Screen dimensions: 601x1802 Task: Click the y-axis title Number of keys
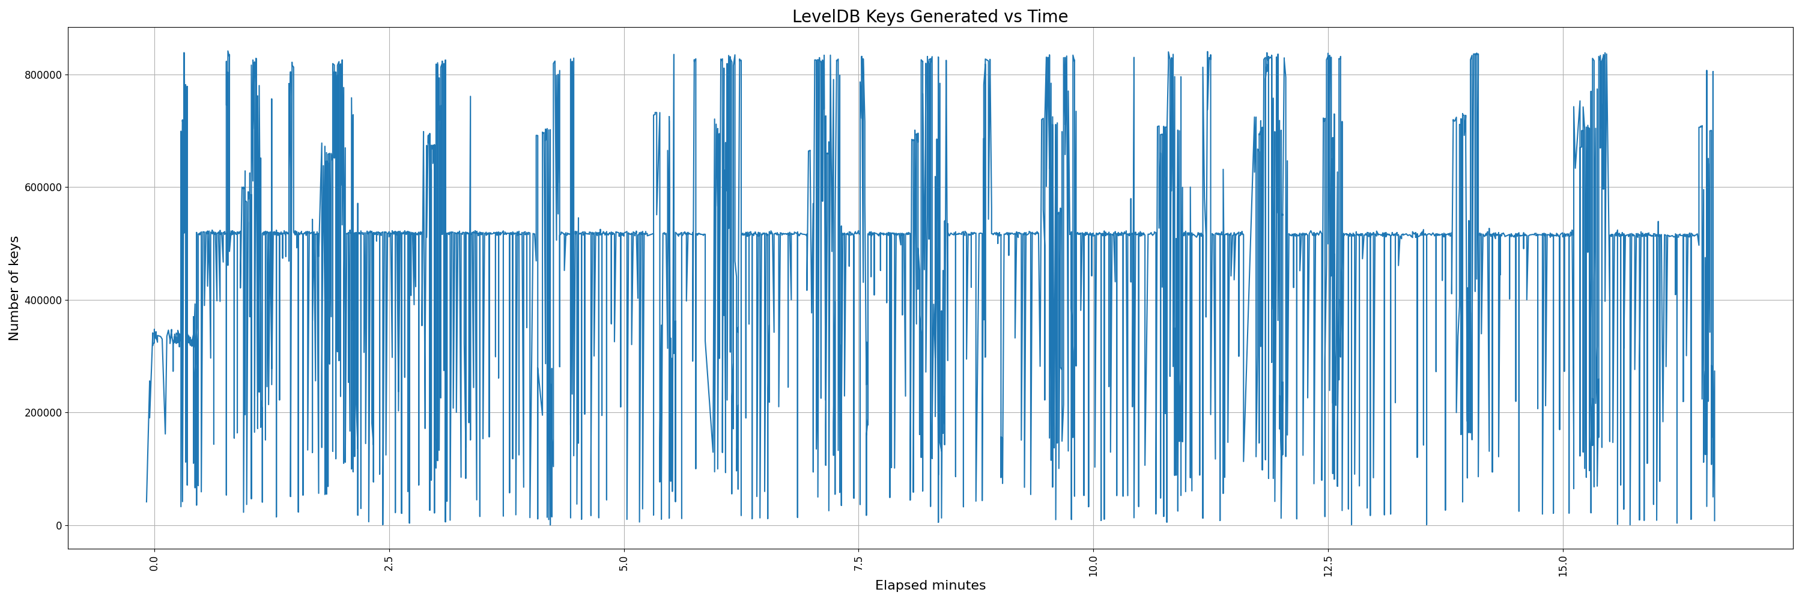14,288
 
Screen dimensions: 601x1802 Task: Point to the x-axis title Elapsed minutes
930,585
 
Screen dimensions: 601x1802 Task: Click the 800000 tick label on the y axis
41,75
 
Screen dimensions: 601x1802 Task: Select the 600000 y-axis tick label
41,188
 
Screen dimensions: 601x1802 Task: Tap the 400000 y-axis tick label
41,300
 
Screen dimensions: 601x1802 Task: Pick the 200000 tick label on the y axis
41,413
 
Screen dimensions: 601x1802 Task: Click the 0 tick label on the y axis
59,525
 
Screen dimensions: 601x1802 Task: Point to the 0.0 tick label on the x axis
154,564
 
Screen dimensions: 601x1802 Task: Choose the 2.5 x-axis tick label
389,564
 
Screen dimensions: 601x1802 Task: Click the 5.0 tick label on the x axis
624,564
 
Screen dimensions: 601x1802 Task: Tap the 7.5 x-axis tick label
858,564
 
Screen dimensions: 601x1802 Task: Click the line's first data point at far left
146,502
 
